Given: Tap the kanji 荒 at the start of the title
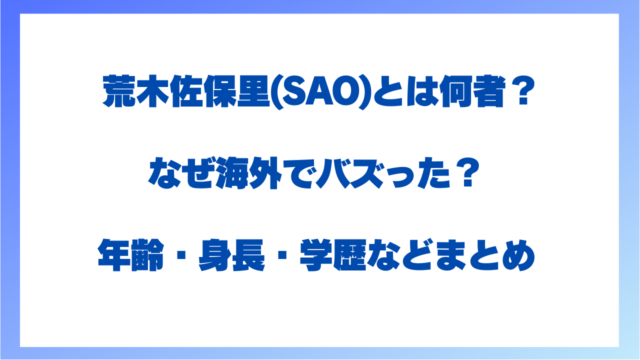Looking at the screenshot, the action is [x=118, y=91].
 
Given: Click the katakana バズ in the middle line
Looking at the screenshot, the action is [x=350, y=173].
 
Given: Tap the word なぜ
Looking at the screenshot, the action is [x=181, y=173].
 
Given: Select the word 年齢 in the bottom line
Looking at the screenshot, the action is [x=131, y=255].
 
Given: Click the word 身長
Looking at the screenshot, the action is [x=231, y=255].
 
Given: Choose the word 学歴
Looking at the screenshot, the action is [x=333, y=255].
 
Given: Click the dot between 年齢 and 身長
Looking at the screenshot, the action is [x=181, y=255].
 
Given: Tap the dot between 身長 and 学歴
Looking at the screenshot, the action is [x=282, y=255].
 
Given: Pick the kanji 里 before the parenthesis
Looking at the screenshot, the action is [x=253, y=91].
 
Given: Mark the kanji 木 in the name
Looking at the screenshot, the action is [x=152, y=91].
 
